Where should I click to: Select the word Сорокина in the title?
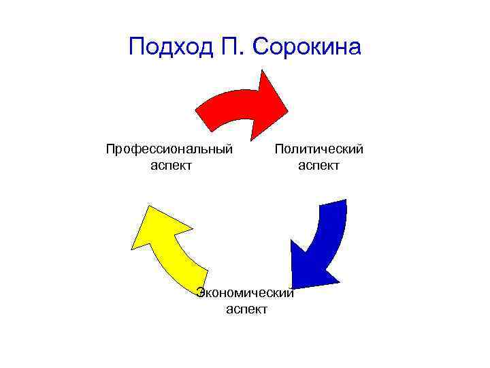(307, 47)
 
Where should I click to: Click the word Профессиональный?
(169, 149)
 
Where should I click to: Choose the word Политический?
(318, 149)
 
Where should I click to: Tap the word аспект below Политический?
(318, 165)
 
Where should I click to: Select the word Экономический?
(245, 293)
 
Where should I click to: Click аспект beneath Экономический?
(246, 309)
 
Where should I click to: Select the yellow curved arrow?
(167, 245)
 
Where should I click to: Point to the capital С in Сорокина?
(263, 47)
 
